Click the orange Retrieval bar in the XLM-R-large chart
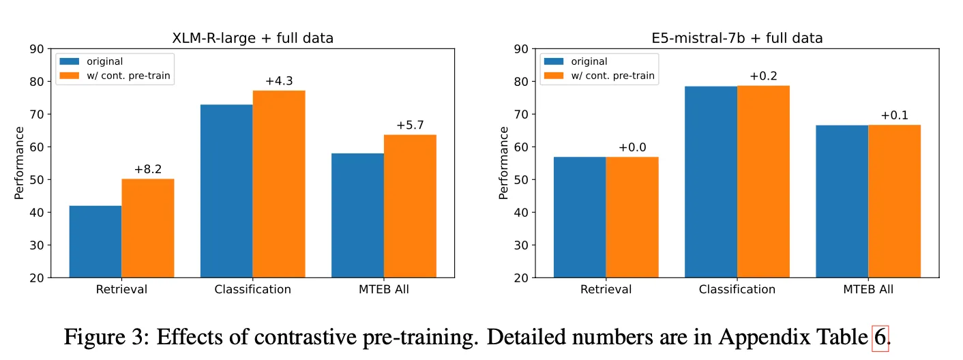click(147, 228)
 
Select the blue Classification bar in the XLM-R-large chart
click(226, 191)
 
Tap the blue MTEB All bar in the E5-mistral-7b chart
click(842, 201)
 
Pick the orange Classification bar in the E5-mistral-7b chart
click(763, 181)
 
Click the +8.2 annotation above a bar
click(147, 169)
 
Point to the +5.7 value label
click(410, 125)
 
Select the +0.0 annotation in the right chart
click(632, 147)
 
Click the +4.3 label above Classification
click(279, 81)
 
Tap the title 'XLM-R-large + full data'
click(252, 38)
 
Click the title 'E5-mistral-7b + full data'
click(737, 38)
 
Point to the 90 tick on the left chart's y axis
click(36, 49)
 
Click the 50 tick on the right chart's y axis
click(520, 180)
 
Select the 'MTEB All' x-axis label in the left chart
click(384, 289)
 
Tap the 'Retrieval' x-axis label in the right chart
click(606, 289)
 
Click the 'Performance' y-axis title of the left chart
click(19, 163)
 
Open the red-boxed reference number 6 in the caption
click(880, 336)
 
